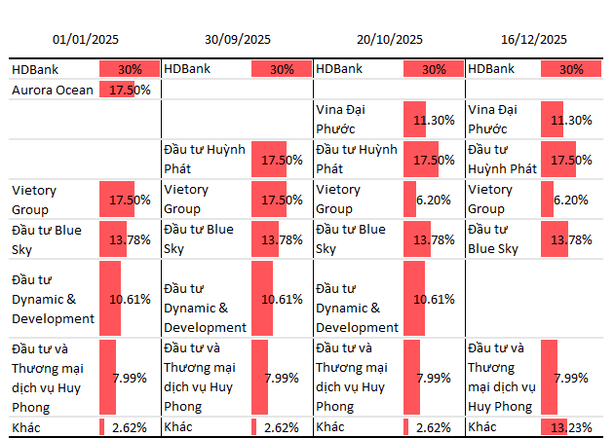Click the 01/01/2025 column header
coord(86,40)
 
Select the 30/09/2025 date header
coord(238,40)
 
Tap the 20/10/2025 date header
coord(390,40)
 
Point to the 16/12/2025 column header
coord(533,40)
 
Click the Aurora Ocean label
coord(53,90)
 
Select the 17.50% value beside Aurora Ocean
coord(130,90)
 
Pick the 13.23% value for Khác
coord(571,427)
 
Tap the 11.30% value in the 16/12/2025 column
coord(571,120)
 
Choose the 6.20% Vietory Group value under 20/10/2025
coord(432,200)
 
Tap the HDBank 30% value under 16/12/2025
coord(571,69)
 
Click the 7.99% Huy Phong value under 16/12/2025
coord(571,378)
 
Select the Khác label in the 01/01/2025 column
coord(26,427)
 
